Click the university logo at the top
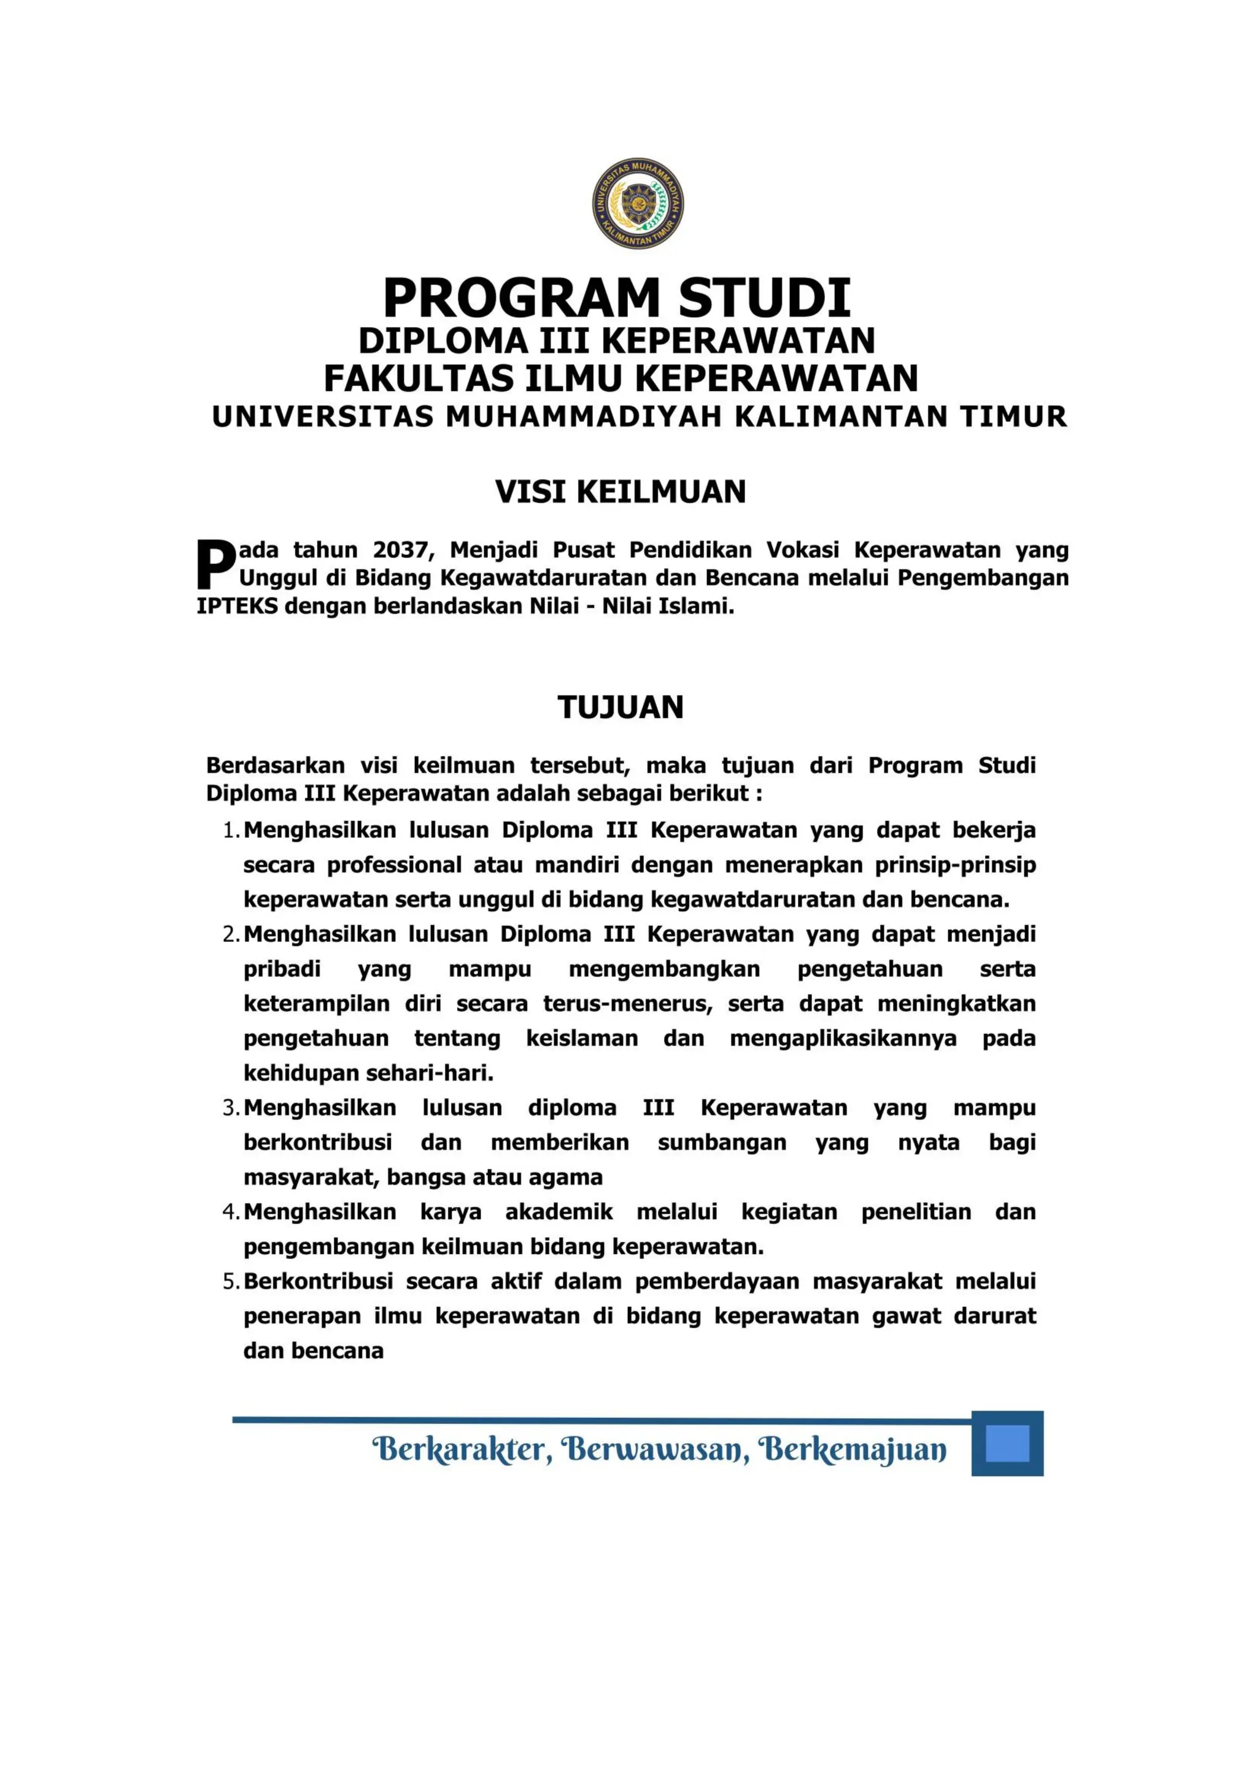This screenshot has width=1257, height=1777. (x=638, y=202)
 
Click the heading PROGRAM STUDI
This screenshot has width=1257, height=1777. (x=617, y=298)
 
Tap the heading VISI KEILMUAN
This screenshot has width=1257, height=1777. (x=620, y=492)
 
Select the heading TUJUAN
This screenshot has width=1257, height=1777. (x=620, y=707)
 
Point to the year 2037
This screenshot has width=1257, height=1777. (x=400, y=550)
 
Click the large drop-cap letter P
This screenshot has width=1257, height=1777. (x=216, y=565)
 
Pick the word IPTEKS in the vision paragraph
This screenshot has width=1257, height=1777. (x=236, y=606)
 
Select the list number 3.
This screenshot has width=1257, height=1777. (x=231, y=1108)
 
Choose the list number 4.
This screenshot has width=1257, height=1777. (x=231, y=1212)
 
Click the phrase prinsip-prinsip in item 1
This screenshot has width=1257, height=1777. (x=955, y=865)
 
